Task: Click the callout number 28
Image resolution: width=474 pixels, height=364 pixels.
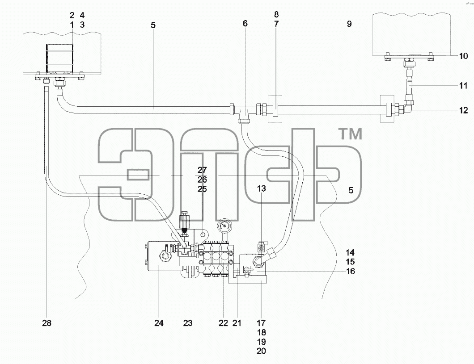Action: tap(47, 323)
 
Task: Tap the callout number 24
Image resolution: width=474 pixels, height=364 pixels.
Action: tap(159, 323)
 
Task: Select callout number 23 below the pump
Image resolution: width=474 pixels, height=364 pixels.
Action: tap(188, 323)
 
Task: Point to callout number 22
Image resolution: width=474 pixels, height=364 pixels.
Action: tap(223, 323)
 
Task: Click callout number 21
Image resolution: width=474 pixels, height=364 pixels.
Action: tap(237, 323)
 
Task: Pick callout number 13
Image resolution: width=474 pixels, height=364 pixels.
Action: tap(262, 188)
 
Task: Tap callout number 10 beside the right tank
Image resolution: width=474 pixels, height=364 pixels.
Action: tap(463, 56)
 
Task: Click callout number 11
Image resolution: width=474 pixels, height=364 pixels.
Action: tap(463, 86)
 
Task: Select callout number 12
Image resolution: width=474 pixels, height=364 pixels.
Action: tap(463, 110)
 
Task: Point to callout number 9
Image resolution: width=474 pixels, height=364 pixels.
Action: tap(349, 24)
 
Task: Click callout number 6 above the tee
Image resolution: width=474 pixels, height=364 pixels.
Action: tap(245, 23)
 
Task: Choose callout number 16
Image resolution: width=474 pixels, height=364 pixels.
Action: tap(351, 272)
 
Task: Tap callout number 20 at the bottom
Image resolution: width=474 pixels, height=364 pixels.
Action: tap(261, 351)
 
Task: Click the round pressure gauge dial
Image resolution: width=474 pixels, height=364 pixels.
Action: tap(224, 226)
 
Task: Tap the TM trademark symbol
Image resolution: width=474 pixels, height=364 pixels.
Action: tap(351, 134)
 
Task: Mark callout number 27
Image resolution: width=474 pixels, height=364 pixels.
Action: tap(202, 170)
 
